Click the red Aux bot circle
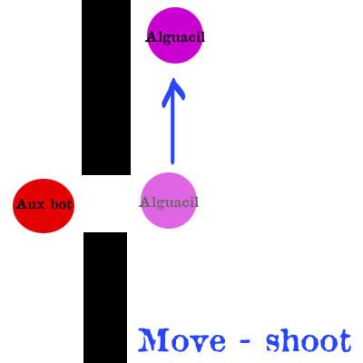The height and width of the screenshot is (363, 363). click(44, 206)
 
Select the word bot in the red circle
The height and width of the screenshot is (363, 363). click(62, 204)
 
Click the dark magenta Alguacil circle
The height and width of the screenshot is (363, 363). click(175, 35)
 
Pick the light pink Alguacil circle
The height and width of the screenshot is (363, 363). click(169, 201)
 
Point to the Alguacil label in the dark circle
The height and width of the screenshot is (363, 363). click(175, 37)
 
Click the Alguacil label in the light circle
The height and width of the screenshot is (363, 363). click(169, 202)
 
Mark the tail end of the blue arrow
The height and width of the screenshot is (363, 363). click(172, 163)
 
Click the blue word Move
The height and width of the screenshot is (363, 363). click(182, 340)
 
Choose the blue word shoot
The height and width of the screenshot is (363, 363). click(309, 340)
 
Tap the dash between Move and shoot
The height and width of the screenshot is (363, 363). click(245, 342)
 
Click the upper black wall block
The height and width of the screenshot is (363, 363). click(106, 87)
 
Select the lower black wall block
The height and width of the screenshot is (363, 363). click(105, 298)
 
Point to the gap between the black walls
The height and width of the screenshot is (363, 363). click(105, 204)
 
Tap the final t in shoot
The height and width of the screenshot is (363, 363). click(345, 341)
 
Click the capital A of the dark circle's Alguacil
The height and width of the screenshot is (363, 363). click(152, 37)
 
